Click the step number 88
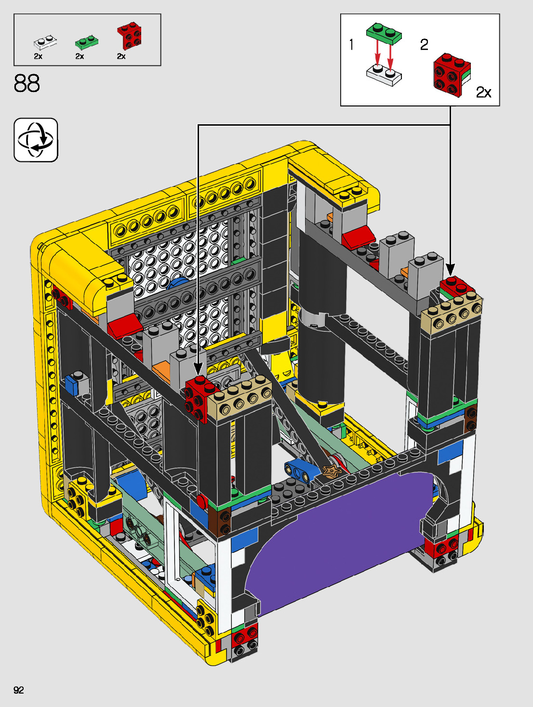[27, 83]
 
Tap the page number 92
[19, 690]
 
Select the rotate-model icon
[36, 140]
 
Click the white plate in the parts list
[45, 42]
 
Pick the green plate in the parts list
[87, 42]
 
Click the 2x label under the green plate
[80, 56]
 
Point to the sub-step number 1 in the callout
[352, 44]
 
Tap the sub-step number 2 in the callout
[424, 44]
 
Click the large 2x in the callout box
[483, 92]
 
